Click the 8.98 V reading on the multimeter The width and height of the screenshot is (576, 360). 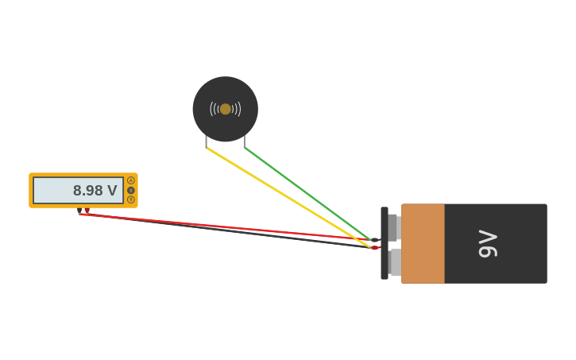(95, 191)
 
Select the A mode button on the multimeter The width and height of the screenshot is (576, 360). (131, 180)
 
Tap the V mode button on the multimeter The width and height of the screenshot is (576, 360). (131, 190)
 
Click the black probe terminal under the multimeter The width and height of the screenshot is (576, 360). (80, 211)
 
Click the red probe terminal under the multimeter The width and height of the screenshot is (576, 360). (87, 211)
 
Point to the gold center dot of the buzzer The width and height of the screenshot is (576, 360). (226, 109)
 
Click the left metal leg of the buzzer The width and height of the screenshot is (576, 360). (207, 141)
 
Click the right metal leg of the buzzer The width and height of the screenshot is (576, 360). (244, 141)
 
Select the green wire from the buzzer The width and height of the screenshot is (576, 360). (306, 192)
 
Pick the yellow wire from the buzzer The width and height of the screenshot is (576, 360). (286, 196)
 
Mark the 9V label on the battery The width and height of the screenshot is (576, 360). (488, 243)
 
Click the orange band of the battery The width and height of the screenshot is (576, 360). (423, 243)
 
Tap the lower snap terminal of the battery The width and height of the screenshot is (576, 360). (395, 262)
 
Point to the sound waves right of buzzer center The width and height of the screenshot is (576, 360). (237, 109)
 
